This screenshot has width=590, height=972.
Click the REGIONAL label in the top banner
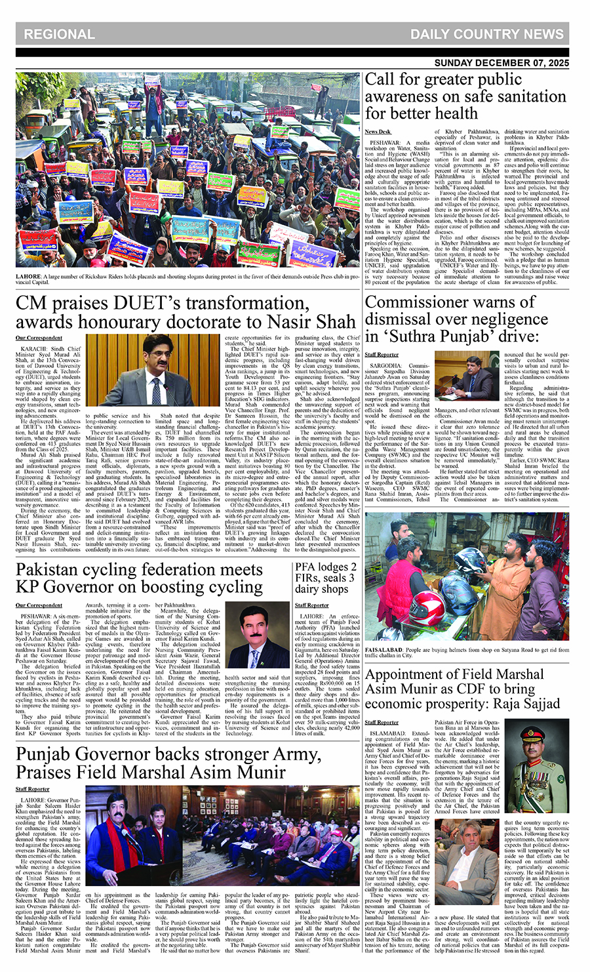point(59,34)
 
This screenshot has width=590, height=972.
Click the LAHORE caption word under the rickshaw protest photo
point(28,276)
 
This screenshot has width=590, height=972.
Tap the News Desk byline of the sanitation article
point(376,132)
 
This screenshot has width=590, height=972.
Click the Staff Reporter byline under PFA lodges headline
point(311,605)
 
